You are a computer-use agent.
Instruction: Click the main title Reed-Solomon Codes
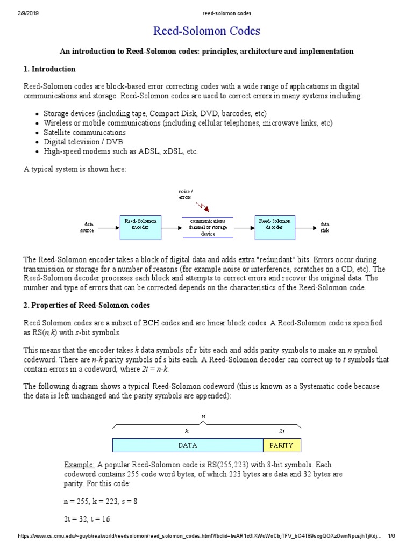(206, 31)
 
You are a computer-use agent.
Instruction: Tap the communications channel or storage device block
(208, 227)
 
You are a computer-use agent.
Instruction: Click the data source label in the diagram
(88, 227)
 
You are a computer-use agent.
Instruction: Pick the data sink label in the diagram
(325, 227)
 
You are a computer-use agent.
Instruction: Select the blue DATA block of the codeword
(187, 445)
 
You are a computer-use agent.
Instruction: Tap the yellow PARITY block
(281, 445)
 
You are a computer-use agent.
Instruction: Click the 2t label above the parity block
(282, 431)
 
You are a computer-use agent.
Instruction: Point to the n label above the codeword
(203, 416)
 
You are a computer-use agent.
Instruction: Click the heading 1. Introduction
(50, 69)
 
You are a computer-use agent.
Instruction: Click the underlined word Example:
(80, 464)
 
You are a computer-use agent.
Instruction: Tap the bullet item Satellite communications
(84, 132)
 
